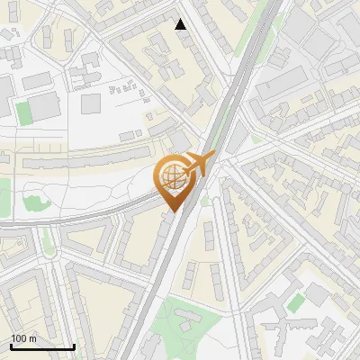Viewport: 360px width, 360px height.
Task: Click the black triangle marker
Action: tap(181, 24)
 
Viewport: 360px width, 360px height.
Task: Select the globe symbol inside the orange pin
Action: tap(171, 177)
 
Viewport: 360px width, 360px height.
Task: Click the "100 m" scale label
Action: tap(24, 338)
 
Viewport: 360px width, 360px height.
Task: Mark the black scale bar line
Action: tap(42, 346)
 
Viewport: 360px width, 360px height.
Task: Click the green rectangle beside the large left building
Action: tap(23, 112)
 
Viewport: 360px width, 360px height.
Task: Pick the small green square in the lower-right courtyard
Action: tap(295, 303)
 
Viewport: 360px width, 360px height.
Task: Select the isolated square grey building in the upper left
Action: tap(91, 103)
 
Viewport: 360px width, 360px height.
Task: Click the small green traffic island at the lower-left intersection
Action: tap(47, 239)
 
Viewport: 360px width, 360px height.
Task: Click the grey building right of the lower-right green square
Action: tap(317, 294)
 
